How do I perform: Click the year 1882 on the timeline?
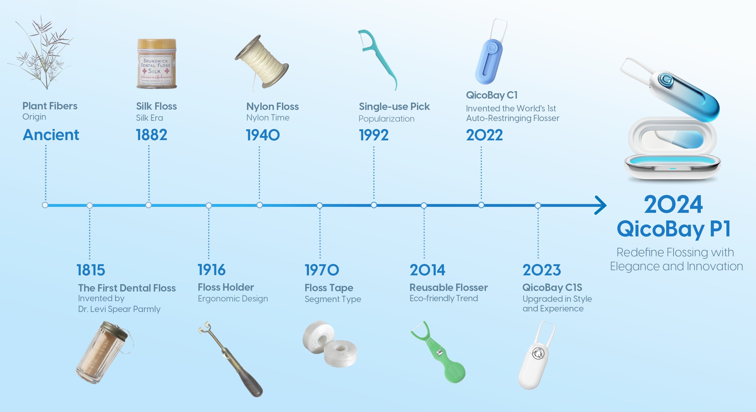(x=151, y=135)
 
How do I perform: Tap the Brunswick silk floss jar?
(x=157, y=63)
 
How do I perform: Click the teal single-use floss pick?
(x=378, y=60)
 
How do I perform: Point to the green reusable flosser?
(x=438, y=352)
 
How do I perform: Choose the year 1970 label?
(x=322, y=270)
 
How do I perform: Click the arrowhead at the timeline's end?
(x=601, y=205)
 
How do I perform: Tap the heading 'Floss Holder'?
(x=226, y=287)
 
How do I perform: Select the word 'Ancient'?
(x=51, y=135)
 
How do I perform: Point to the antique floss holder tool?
(x=231, y=359)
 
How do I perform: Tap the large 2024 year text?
(x=673, y=205)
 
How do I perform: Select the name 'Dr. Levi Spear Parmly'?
(x=119, y=309)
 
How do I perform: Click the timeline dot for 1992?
(x=374, y=205)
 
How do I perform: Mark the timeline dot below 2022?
(x=481, y=205)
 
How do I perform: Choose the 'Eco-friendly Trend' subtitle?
(x=444, y=298)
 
